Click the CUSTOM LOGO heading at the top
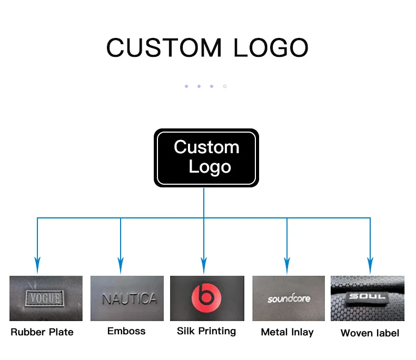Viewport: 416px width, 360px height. tap(207, 48)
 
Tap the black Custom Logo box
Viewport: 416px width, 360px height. tap(206, 157)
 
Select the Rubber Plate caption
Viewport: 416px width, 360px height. tap(42, 332)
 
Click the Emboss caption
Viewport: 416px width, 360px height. tap(126, 331)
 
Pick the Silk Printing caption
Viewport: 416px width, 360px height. tap(206, 332)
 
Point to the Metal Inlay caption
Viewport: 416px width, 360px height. tap(287, 332)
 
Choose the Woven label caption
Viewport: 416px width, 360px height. tap(370, 333)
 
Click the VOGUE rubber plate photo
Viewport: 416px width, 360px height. tap(46, 298)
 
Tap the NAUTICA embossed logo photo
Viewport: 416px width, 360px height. tap(127, 298)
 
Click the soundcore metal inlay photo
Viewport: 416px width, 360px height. tap(289, 298)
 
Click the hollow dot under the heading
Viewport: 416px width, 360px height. tap(225, 86)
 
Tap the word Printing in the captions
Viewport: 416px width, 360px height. tap(217, 332)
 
